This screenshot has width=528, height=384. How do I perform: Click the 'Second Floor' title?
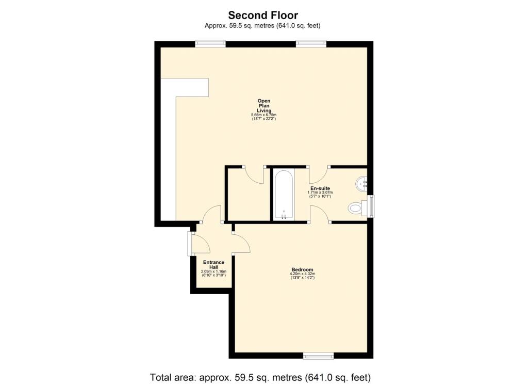click(x=263, y=15)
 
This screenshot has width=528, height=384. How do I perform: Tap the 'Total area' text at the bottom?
click(x=260, y=377)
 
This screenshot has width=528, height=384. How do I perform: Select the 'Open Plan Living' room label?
click(x=264, y=106)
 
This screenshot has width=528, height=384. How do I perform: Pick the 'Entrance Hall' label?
click(x=213, y=265)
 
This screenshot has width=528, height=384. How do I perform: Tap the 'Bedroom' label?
click(x=302, y=269)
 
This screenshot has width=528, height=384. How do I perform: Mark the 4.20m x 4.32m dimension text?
click(x=302, y=274)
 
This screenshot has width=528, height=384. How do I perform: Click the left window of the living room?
click(x=210, y=44)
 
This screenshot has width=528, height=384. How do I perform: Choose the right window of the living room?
click(x=311, y=44)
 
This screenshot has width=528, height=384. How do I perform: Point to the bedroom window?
click(x=318, y=356)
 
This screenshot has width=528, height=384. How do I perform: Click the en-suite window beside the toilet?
click(x=371, y=206)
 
